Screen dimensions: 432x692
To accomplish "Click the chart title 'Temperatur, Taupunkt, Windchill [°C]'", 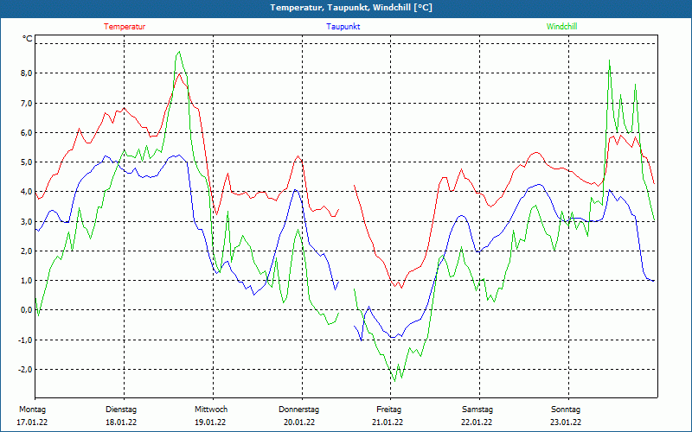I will [345, 8].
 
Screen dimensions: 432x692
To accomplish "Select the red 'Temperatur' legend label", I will [125, 27].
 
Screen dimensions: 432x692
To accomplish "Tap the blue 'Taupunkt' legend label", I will [343, 27].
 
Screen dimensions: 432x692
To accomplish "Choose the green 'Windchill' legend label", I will [561, 27].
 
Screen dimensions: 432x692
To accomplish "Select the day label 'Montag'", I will [32, 409].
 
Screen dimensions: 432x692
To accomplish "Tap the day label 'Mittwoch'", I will [210, 409].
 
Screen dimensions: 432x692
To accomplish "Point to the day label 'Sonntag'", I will [566, 409].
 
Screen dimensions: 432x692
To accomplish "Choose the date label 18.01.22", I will [121, 422].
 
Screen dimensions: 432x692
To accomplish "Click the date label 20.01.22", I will [299, 422].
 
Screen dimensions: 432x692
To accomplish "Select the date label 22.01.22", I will [477, 422].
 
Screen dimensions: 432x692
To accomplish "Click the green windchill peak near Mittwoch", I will [179, 52].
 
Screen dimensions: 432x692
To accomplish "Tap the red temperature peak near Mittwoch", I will [180, 73].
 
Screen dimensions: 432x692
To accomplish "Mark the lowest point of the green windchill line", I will [394, 381].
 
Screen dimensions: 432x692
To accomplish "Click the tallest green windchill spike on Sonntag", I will [610, 60].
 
